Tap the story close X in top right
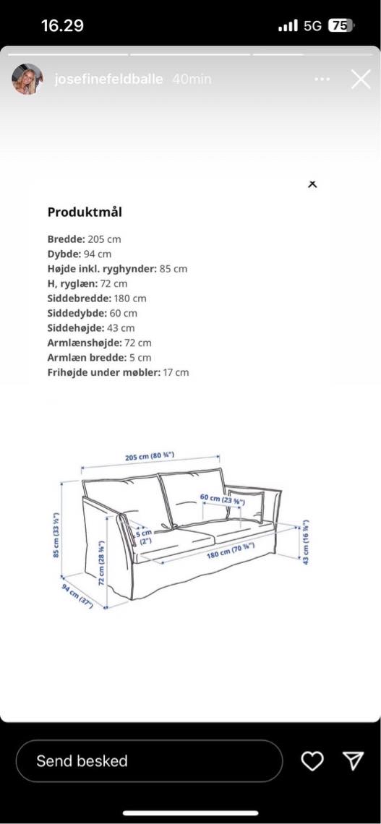coord(360,80)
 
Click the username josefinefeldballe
coord(108,80)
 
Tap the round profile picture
coord(26,80)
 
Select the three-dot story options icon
coord(322,80)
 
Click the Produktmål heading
coord(85,212)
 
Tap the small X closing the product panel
coord(312,184)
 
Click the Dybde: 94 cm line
coord(80,254)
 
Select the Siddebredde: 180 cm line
coord(97,298)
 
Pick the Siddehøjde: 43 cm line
coord(91,327)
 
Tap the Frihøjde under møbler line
coord(118,372)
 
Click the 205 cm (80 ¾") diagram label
coord(150,457)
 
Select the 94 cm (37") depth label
coord(77,595)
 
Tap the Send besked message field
coord(148,761)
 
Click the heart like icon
coord(312,761)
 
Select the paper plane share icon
coord(353,760)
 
